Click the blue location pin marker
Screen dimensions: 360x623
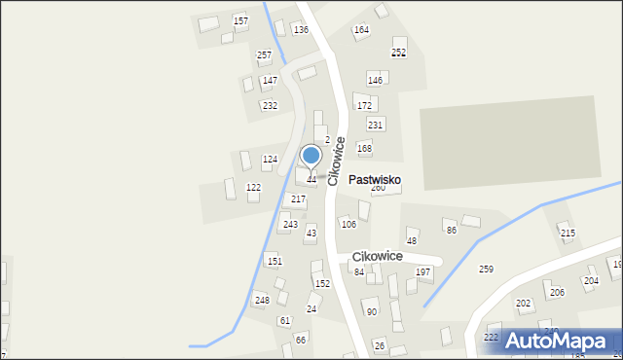coord(311,157)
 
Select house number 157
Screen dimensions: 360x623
coord(240,20)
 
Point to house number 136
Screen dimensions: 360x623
coord(301,30)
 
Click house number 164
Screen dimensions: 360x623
coord(361,30)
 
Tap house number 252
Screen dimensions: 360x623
coord(398,52)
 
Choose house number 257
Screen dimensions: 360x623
coord(264,55)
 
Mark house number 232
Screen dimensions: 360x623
coord(270,105)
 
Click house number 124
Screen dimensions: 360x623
coord(270,159)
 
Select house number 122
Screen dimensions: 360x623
coord(253,187)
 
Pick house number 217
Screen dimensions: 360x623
coord(298,198)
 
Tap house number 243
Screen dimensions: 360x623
coord(290,225)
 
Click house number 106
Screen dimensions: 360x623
coord(348,225)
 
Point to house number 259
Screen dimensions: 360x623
coord(486,269)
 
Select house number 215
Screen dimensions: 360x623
coord(568,234)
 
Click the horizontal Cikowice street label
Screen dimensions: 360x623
coord(378,256)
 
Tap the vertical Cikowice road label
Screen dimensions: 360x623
coord(336,161)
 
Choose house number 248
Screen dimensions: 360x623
coord(262,300)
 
